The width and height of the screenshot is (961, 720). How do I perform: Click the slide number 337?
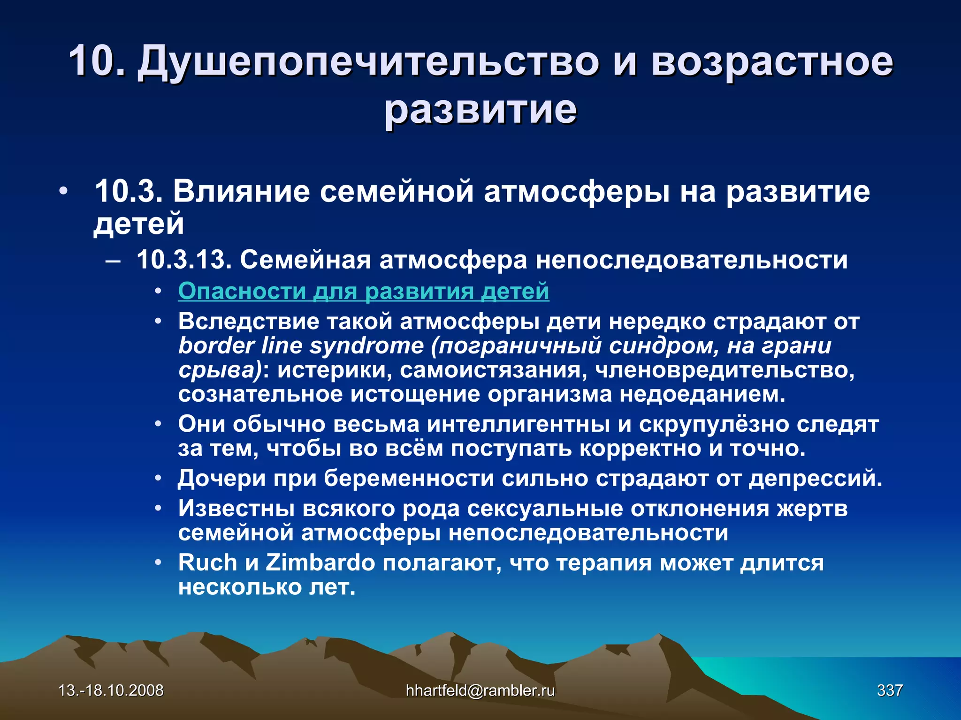pyautogui.click(x=890, y=690)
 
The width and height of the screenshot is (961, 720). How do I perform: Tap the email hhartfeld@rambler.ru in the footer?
pyautogui.click(x=480, y=690)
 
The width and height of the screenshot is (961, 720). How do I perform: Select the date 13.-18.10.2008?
pyautogui.click(x=111, y=690)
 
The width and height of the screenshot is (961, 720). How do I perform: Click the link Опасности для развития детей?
pyautogui.click(x=364, y=291)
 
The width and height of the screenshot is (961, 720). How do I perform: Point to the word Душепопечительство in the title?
pyautogui.click(x=368, y=62)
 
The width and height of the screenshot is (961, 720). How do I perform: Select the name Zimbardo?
pyautogui.click(x=320, y=562)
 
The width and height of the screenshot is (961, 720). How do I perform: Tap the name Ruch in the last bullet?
pyautogui.click(x=207, y=562)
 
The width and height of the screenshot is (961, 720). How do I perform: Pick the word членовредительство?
pyautogui.click(x=724, y=370)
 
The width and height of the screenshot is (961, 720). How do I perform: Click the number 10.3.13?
pyautogui.click(x=184, y=259)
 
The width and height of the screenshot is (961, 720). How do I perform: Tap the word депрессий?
pyautogui.click(x=815, y=479)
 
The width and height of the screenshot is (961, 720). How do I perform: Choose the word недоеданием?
pyautogui.click(x=702, y=394)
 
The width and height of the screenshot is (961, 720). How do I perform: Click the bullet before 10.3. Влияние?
pyautogui.click(x=63, y=192)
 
